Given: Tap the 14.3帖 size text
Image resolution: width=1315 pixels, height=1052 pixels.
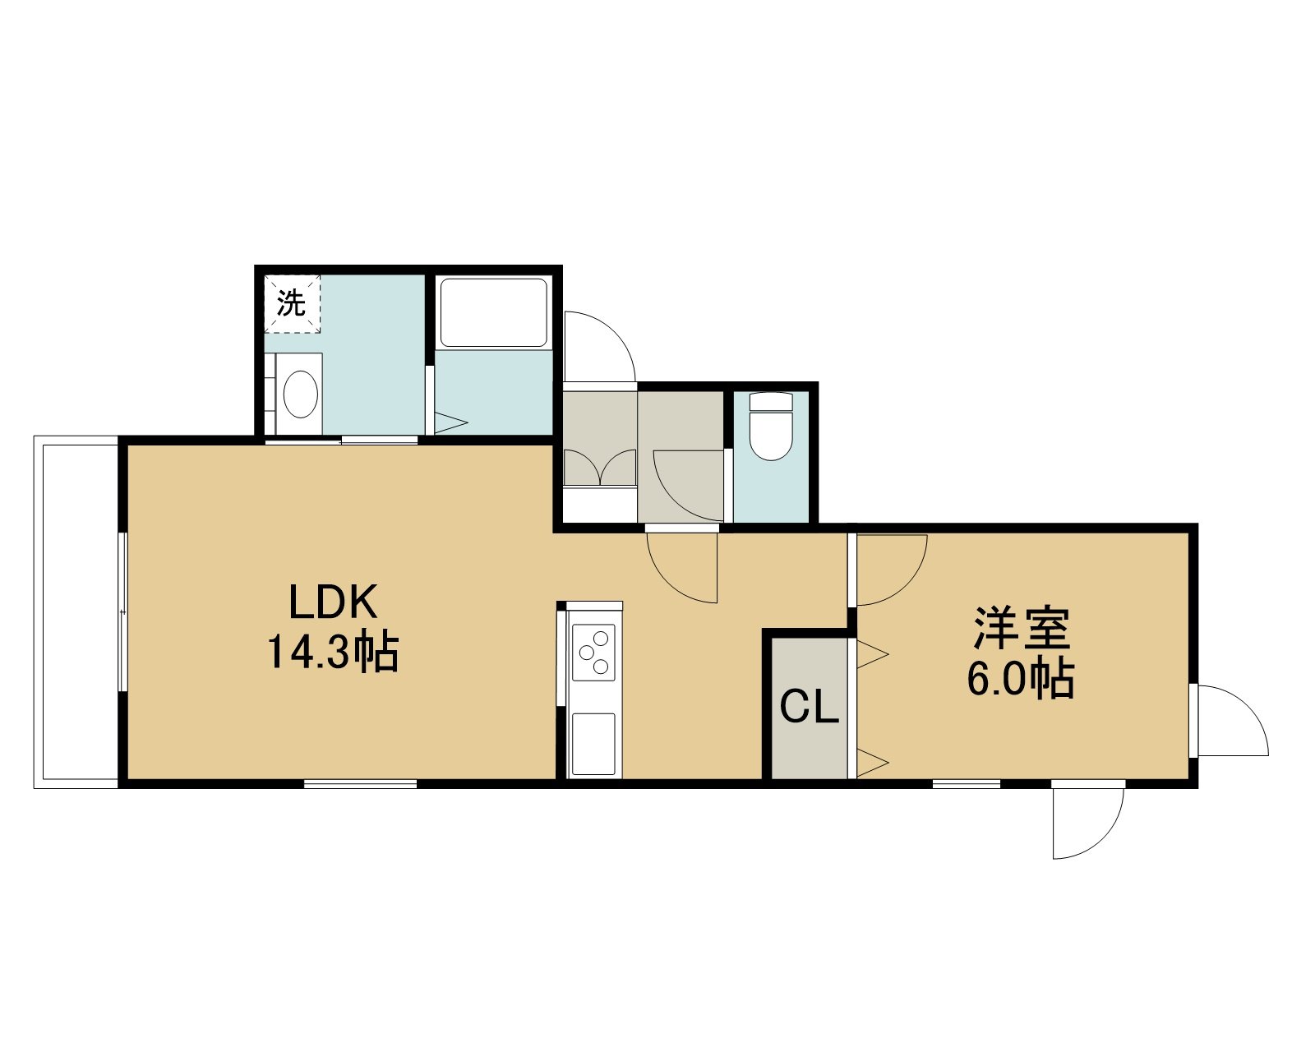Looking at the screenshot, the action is tap(333, 652).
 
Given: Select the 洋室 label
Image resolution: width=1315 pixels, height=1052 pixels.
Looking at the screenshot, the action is tap(1022, 629).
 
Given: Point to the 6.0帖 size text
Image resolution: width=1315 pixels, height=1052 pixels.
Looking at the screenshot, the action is tap(1020, 677).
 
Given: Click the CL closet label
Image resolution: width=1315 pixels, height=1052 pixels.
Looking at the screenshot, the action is tap(809, 708).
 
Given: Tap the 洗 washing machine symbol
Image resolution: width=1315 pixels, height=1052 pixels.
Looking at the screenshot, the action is tap(292, 304).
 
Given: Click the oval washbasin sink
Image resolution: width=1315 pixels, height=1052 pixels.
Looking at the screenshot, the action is tap(301, 394).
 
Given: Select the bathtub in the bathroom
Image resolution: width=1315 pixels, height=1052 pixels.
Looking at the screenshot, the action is tap(494, 314).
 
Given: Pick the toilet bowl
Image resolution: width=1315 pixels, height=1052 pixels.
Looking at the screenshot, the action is tap(771, 426).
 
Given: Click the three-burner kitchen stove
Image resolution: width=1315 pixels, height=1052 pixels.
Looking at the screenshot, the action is tap(593, 653).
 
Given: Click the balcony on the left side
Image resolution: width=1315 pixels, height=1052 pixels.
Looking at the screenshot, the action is tap(76, 611).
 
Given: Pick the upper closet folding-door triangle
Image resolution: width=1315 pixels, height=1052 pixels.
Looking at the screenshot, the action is tap(872, 653).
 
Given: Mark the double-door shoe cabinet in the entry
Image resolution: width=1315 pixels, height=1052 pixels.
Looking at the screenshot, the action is tap(600, 468).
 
